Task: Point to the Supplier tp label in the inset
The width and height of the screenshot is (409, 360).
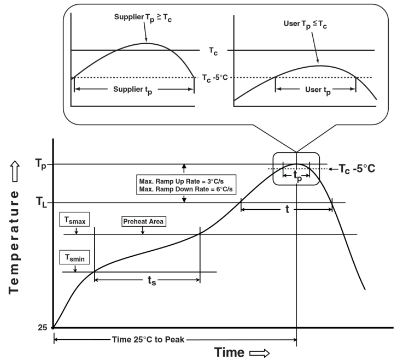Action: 133,92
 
